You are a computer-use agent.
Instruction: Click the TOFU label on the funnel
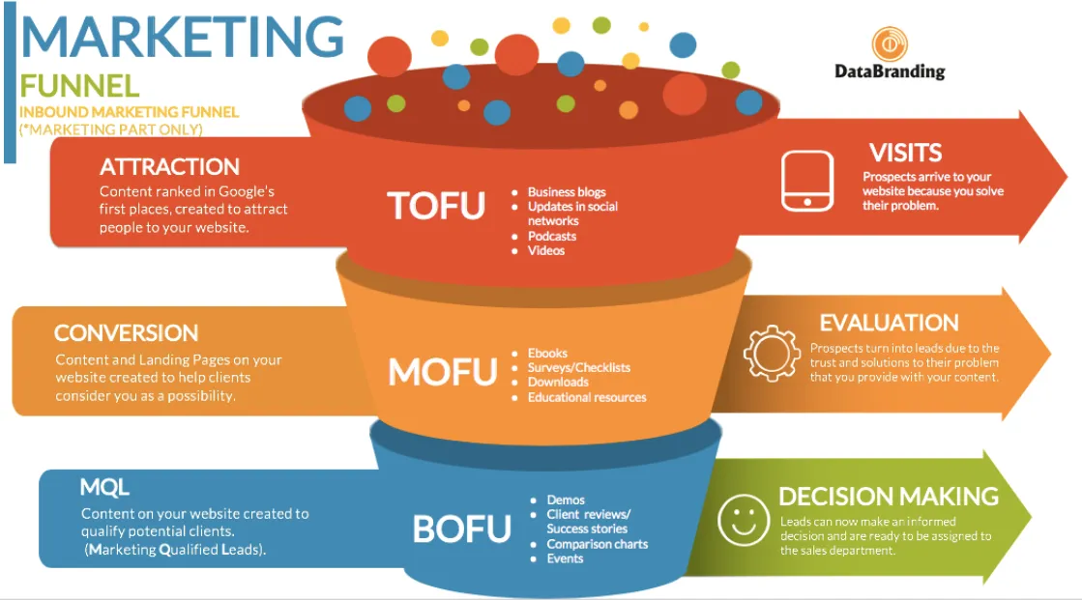tap(435, 205)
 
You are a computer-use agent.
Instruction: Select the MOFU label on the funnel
tap(442, 370)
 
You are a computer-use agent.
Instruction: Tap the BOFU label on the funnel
tap(461, 529)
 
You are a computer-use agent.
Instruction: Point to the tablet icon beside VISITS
tap(806, 181)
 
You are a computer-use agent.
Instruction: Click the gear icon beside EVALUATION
tap(772, 351)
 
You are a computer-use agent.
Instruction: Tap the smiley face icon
tap(744, 520)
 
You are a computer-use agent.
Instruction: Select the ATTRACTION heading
tap(169, 167)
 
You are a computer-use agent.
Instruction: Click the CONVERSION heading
tap(127, 333)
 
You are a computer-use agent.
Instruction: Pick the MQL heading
tap(104, 488)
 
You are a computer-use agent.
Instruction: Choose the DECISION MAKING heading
tap(888, 497)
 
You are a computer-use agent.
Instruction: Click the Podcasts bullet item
tap(551, 236)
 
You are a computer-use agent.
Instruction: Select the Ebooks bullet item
tap(547, 353)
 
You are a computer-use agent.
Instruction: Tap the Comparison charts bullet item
tap(597, 544)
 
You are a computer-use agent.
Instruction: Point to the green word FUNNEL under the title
tap(79, 86)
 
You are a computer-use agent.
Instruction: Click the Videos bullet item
tap(545, 250)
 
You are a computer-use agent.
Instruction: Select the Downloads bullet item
tap(558, 382)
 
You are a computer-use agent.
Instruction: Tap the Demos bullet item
tap(565, 500)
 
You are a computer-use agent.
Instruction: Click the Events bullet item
tap(565, 558)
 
